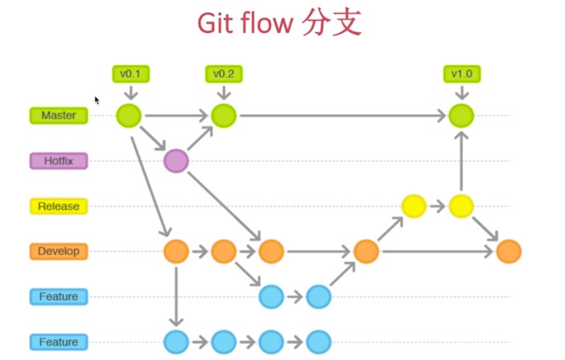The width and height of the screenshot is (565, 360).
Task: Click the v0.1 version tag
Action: click(x=131, y=74)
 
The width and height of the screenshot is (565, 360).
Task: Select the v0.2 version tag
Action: click(x=224, y=74)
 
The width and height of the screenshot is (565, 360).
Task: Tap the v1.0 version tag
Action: click(x=462, y=74)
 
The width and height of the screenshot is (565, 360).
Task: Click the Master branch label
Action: click(x=59, y=115)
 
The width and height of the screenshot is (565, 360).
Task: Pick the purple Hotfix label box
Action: click(x=59, y=161)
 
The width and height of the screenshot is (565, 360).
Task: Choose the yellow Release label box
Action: click(x=59, y=206)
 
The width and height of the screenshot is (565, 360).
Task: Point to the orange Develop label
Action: click(x=59, y=251)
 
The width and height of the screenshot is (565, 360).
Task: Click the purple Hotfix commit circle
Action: click(x=176, y=161)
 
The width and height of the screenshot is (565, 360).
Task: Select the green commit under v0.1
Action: click(x=129, y=115)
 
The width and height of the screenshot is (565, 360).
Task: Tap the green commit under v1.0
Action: click(x=461, y=115)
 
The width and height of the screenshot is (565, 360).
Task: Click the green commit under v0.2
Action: click(x=224, y=115)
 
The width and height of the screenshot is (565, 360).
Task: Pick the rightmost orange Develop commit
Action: click(x=509, y=251)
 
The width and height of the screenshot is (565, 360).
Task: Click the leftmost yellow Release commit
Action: click(x=414, y=206)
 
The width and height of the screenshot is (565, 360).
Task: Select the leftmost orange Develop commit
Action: click(x=176, y=251)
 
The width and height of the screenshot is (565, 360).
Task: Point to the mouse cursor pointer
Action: click(x=97, y=100)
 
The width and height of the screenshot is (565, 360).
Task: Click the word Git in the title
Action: click(x=217, y=23)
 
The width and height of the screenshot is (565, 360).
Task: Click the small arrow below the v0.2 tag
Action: click(x=224, y=93)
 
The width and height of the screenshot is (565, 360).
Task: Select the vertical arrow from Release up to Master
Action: click(x=461, y=161)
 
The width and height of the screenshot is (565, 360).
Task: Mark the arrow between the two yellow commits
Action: click(x=438, y=206)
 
